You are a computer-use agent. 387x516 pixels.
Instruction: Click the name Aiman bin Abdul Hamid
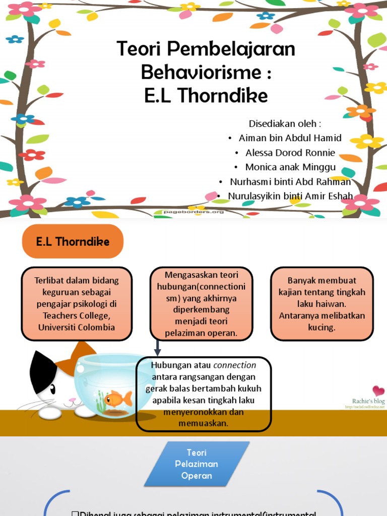pos(290,138)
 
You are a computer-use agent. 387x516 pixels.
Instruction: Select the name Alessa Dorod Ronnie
pos(290,153)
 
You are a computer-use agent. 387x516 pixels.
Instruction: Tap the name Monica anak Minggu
pos(290,167)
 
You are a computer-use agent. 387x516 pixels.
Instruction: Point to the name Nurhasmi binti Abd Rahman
pos(290,182)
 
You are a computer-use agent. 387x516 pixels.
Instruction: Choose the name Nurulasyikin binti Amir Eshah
pos(290,197)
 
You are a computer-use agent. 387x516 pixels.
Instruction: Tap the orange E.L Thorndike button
pos(73,241)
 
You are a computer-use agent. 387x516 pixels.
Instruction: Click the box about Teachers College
pos(77,304)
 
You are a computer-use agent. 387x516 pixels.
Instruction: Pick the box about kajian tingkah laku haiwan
pos(322,304)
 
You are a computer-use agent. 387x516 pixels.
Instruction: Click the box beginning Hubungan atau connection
pos(204,394)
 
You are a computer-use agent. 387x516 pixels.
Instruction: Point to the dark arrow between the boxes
pos(158,348)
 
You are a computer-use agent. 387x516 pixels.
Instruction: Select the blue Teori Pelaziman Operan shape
pos(197,464)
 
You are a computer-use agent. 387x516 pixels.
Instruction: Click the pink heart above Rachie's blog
pos(378,391)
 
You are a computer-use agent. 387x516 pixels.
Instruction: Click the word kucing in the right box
pos(322,327)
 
